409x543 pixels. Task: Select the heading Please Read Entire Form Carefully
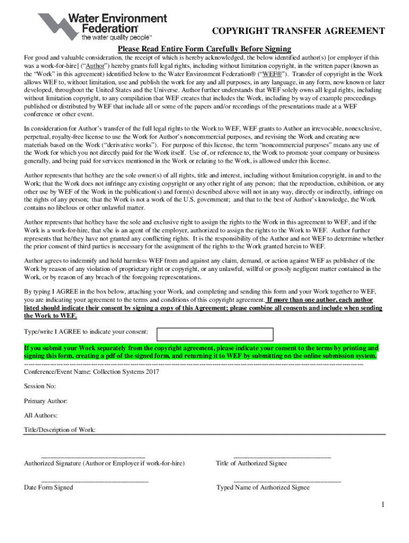[204, 49]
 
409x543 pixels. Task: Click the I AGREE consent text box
[215, 334]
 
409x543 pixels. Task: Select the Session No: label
[40, 386]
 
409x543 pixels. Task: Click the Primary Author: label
[46, 401]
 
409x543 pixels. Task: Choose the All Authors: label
[41, 415]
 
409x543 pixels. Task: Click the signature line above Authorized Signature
[93, 456]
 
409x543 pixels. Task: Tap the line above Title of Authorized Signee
[282, 456]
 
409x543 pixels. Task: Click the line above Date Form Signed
[95, 480]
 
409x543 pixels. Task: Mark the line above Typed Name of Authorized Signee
[287, 480]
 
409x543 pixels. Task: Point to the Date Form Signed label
[48, 488]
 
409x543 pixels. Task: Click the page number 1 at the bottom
[382, 504]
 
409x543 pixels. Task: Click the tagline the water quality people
[116, 38]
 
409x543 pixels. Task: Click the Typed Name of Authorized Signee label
[263, 488]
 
